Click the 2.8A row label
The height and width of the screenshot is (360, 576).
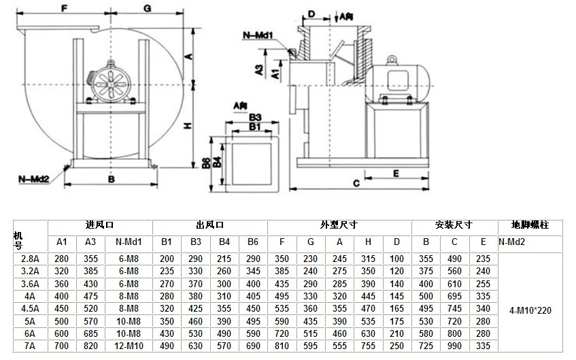31,259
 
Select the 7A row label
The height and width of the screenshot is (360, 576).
31,346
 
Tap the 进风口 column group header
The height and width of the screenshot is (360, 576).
99,225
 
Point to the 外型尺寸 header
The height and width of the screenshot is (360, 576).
339,225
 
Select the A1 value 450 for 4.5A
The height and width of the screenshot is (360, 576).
62,308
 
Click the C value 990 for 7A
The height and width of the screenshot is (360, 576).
454,346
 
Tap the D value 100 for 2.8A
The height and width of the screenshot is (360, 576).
397,259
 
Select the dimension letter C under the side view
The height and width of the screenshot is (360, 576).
356,182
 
